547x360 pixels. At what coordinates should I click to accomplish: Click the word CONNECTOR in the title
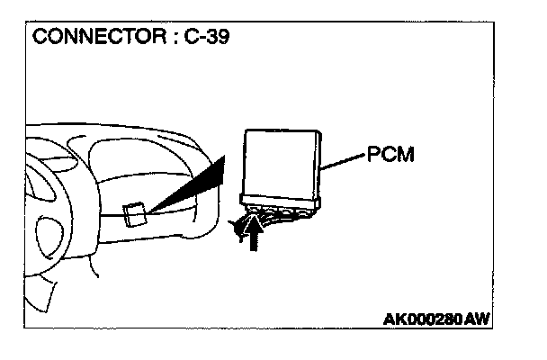coord(86,40)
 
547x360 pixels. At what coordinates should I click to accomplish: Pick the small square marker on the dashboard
coord(134,213)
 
